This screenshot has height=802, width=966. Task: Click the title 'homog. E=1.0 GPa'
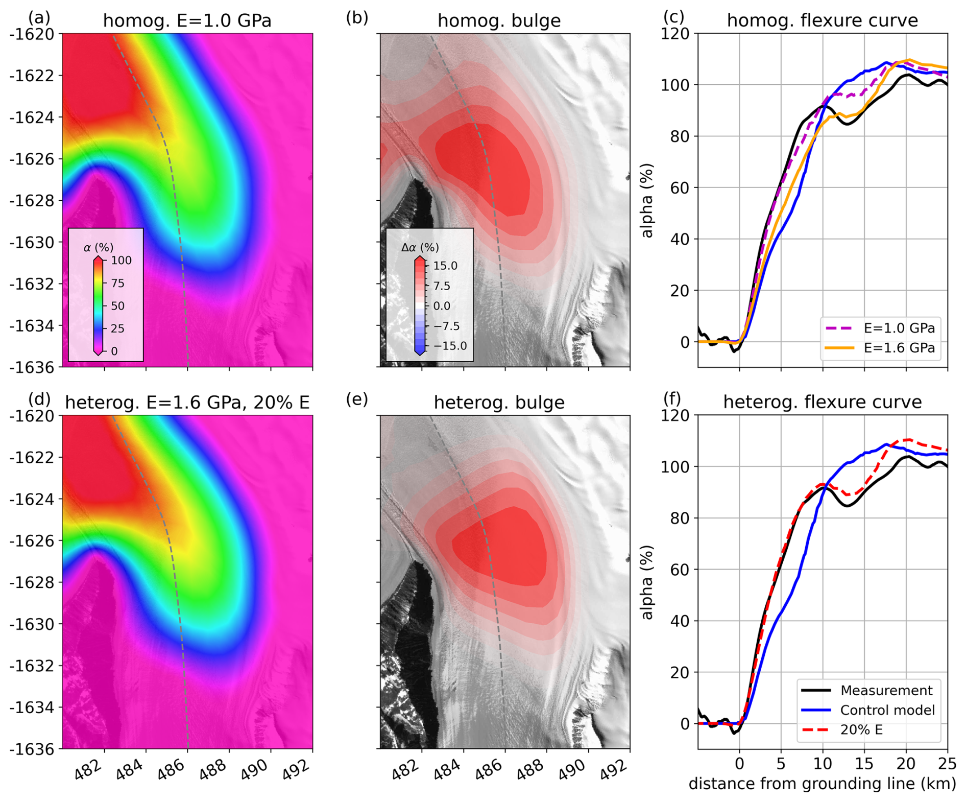pyautogui.click(x=187, y=21)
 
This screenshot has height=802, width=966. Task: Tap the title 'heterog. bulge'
pyautogui.click(x=499, y=403)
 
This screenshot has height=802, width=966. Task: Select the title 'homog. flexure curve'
pyautogui.click(x=822, y=21)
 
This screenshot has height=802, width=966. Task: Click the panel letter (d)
pyautogui.click(x=39, y=399)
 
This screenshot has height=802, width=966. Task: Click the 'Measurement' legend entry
pyautogui.click(x=886, y=691)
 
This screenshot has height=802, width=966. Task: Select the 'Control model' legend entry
pyautogui.click(x=887, y=710)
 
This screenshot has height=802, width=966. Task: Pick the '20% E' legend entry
pyautogui.click(x=861, y=729)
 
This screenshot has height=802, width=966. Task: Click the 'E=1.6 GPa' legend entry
pyautogui.click(x=899, y=348)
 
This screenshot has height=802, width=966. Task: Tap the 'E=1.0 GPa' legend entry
pyautogui.click(x=899, y=328)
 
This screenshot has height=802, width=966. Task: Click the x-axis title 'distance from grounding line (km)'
pyautogui.click(x=822, y=784)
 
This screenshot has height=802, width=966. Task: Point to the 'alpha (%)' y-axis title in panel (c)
pyautogui.click(x=647, y=200)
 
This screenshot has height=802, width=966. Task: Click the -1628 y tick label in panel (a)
pyautogui.click(x=32, y=201)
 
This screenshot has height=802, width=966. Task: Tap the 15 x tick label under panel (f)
pyautogui.click(x=864, y=764)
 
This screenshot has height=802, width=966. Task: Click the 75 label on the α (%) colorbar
pyautogui.click(x=117, y=284)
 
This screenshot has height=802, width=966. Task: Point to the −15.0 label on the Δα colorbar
pyautogui.click(x=450, y=346)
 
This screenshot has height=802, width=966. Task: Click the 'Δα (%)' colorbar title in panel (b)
pyautogui.click(x=420, y=248)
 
